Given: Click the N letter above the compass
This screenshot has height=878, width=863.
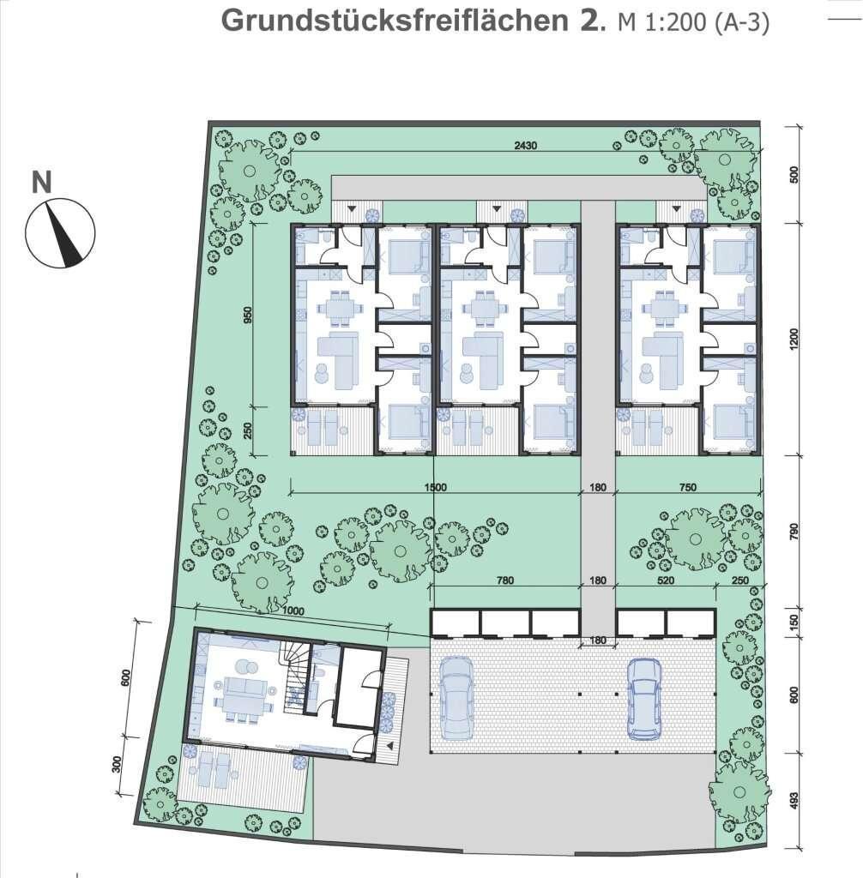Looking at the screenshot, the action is (x=41, y=182).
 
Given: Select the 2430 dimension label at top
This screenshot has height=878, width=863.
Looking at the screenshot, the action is (x=526, y=146).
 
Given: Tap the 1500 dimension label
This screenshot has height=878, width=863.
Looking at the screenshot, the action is (x=436, y=487).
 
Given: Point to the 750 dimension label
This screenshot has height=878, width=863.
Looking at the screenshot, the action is (x=688, y=487).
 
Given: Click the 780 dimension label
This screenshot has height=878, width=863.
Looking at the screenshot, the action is (x=505, y=580).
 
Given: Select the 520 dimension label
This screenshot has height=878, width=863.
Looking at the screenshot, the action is (x=665, y=580).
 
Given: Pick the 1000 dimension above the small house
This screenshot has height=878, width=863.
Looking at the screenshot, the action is (x=293, y=610).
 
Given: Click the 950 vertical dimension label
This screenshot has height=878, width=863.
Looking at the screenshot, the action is (x=248, y=315).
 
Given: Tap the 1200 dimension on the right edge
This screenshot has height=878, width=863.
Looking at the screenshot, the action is (x=794, y=340).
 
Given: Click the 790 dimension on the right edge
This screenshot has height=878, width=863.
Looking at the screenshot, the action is (x=794, y=532).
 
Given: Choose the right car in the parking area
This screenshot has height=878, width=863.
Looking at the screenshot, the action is (x=644, y=698).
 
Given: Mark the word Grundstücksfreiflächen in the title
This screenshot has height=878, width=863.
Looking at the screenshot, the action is (x=395, y=21).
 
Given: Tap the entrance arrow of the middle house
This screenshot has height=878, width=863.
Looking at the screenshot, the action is (x=496, y=209).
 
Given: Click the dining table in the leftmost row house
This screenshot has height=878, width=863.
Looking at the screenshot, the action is (x=341, y=308).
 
